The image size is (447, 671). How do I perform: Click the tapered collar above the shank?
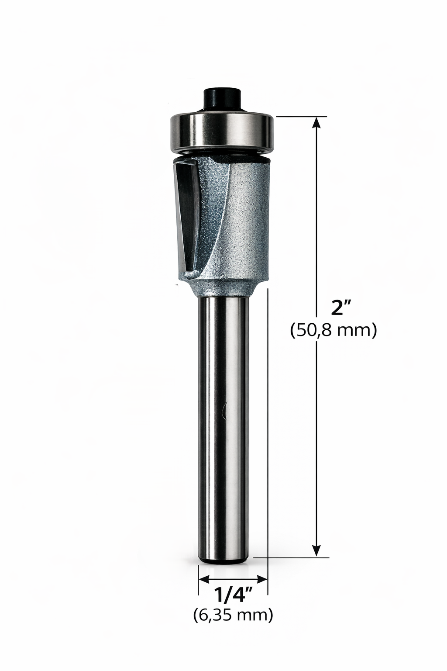pos(223,287)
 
